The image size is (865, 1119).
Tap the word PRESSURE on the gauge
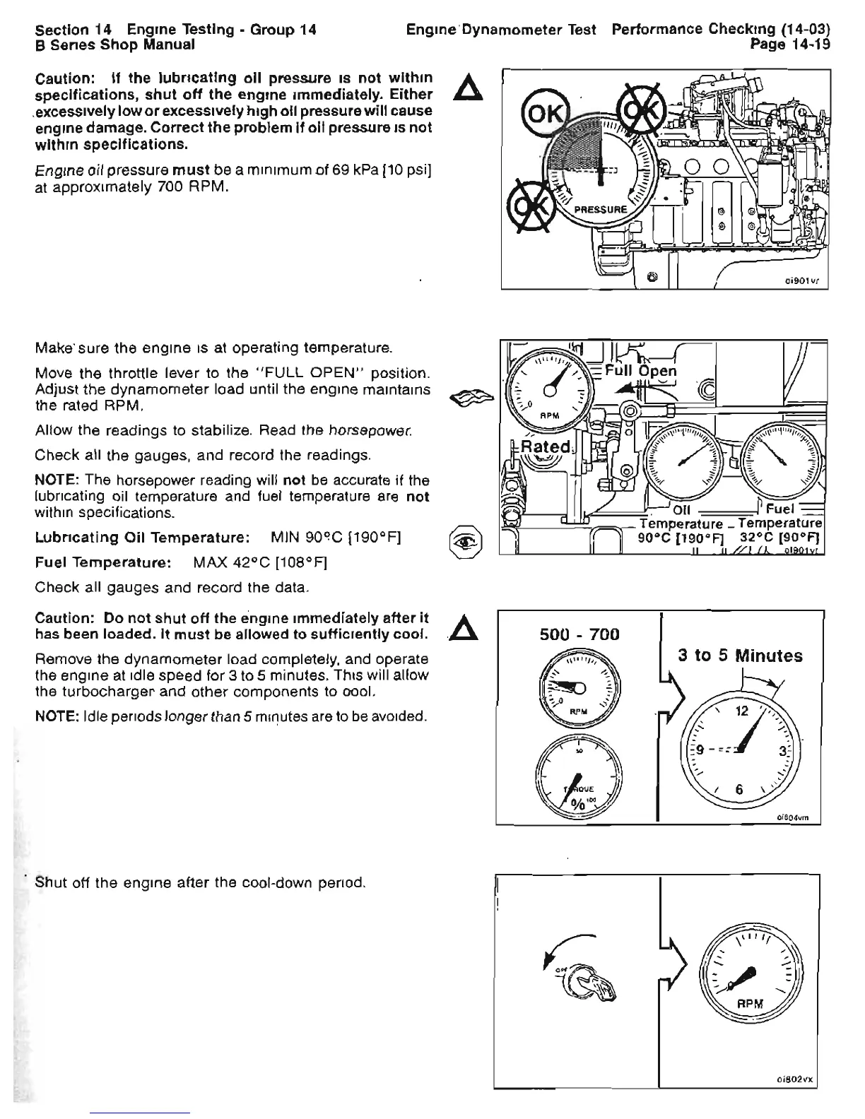pyautogui.click(x=600, y=209)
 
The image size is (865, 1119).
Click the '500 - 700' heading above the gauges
pyautogui.click(x=579, y=634)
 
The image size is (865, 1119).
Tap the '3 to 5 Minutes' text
pyautogui.click(x=740, y=656)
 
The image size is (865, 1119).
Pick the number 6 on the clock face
pyautogui.click(x=739, y=790)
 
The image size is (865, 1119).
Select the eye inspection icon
pyautogui.click(x=470, y=543)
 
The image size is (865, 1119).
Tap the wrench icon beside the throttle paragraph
pyautogui.click(x=470, y=401)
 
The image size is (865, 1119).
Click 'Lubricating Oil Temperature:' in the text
pyautogui.click(x=141, y=538)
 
